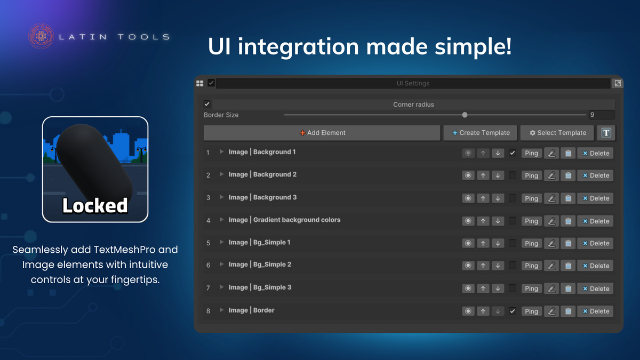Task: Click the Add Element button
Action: click(322, 133)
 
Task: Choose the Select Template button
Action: click(557, 133)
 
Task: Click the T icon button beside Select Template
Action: click(606, 133)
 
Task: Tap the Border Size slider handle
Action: click(465, 115)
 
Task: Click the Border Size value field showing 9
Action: click(602, 115)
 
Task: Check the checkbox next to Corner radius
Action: click(207, 104)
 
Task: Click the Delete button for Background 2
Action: click(595, 175)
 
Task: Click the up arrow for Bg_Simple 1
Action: click(483, 243)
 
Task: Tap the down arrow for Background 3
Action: click(498, 198)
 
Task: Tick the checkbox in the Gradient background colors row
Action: click(513, 221)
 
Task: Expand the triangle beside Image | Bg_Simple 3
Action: click(221, 287)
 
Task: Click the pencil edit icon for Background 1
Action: click(551, 153)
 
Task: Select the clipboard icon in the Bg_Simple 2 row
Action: click(568, 266)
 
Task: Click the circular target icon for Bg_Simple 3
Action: click(468, 289)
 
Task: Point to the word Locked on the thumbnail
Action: click(95, 205)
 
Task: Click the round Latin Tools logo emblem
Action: click(41, 36)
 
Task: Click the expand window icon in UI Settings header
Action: click(618, 83)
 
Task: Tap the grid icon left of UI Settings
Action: click(199, 83)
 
